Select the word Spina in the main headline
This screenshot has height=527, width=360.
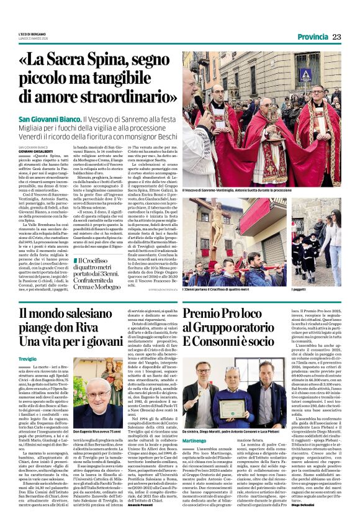coord(126,61)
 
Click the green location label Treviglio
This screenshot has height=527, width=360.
coord(28,359)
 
